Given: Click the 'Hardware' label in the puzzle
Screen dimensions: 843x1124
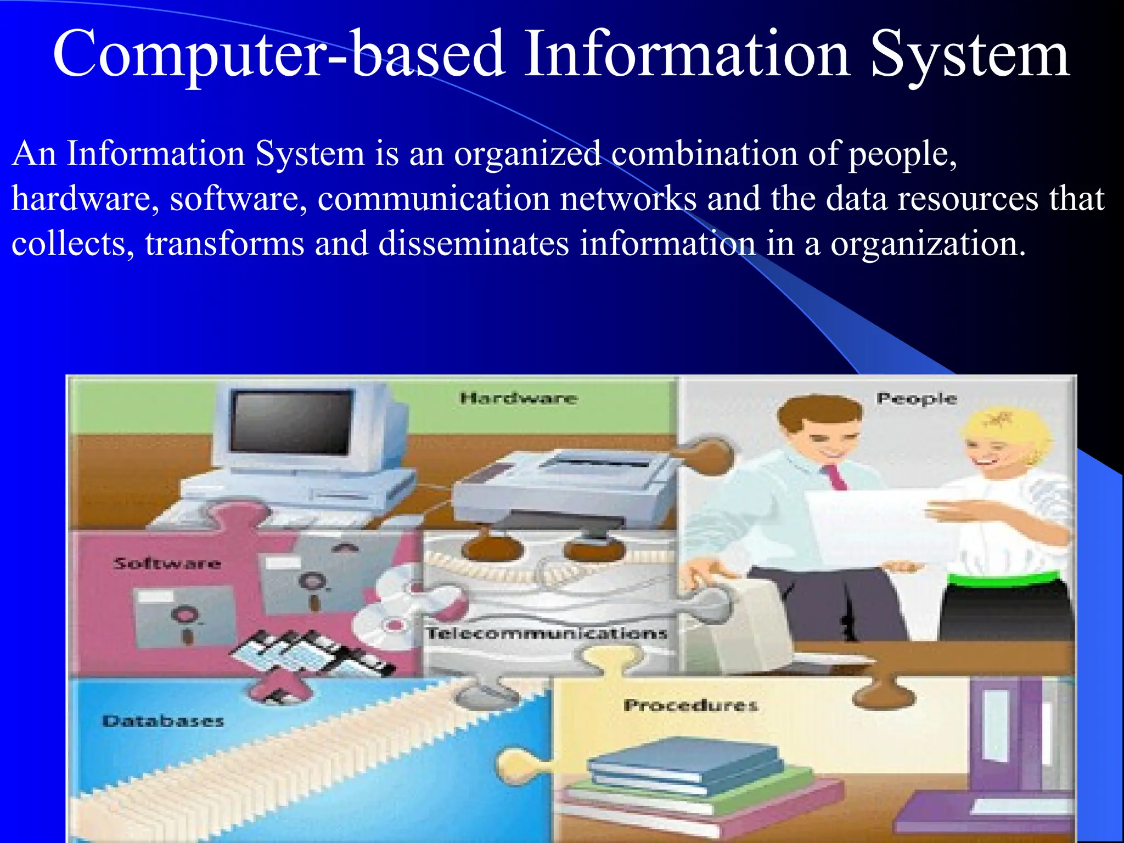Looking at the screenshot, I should pos(519,398).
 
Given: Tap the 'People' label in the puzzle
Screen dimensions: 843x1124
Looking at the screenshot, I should pos(916,398).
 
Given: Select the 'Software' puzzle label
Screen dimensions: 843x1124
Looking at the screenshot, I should pos(167,563).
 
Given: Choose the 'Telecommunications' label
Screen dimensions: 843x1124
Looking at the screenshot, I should pos(547,633).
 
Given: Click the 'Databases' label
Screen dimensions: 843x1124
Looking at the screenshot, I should pos(163,721).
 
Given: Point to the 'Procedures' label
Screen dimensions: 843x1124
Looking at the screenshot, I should pos(690,705).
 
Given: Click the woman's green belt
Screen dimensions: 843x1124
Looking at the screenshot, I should pos(1004,578).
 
